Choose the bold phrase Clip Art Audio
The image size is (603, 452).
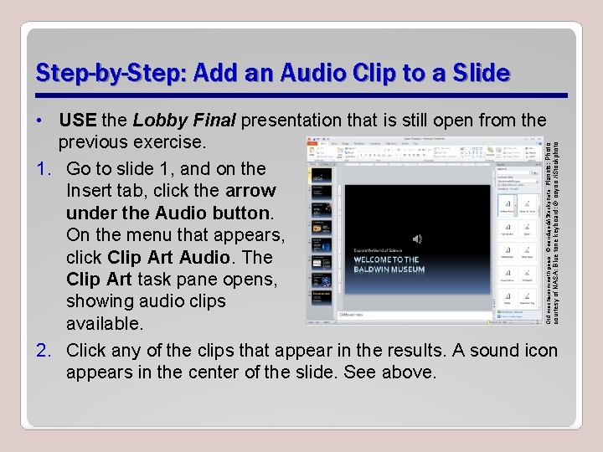[169, 256]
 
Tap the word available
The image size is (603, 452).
[105, 322]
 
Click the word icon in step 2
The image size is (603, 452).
[540, 349]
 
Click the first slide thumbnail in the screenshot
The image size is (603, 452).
[322, 174]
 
